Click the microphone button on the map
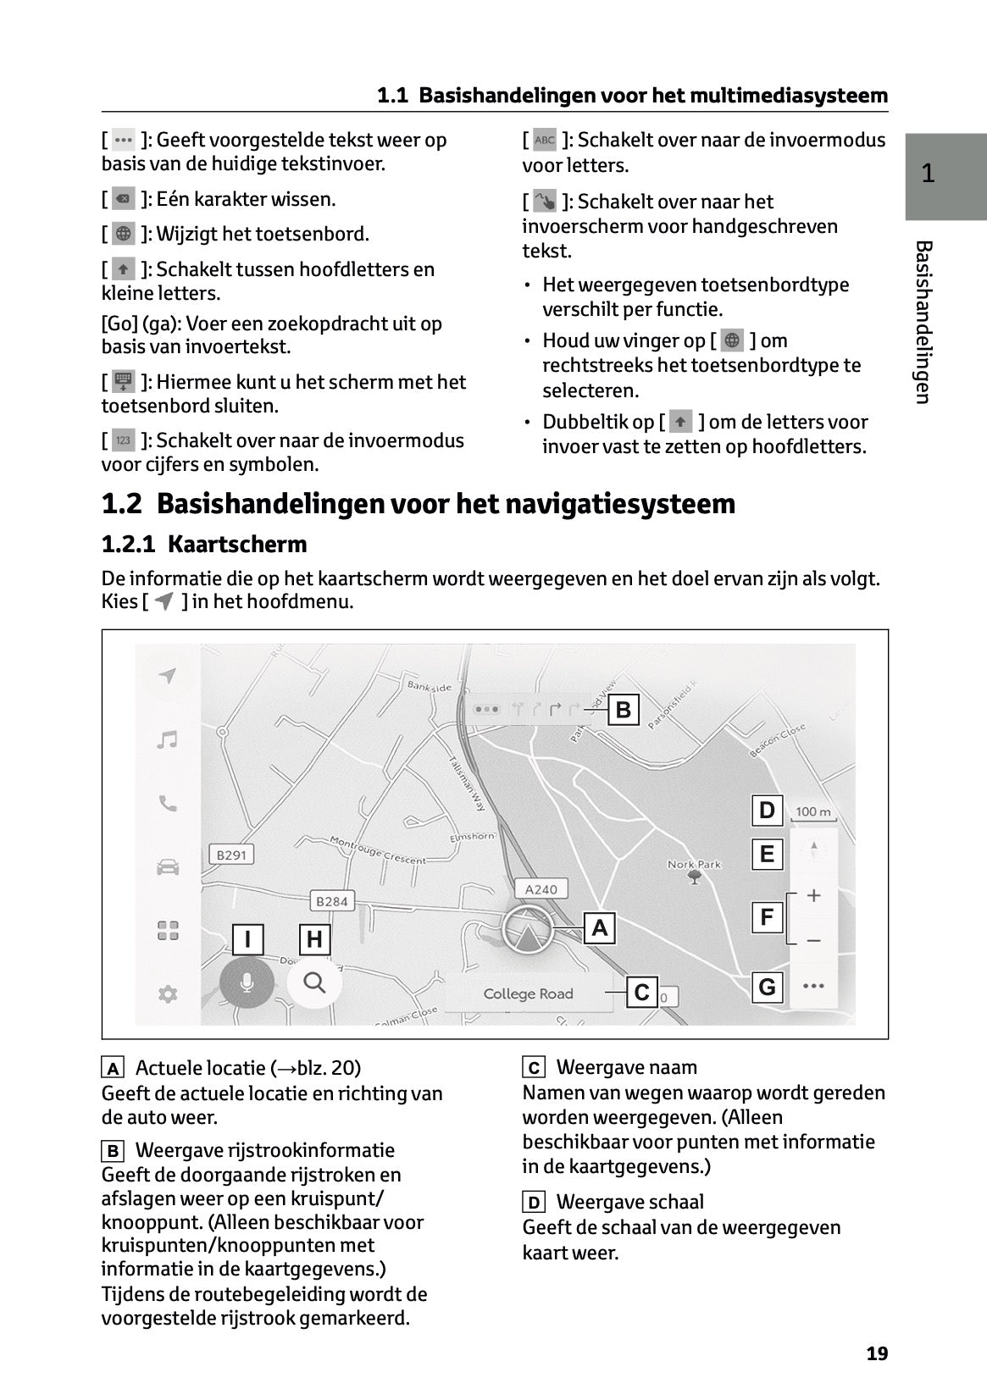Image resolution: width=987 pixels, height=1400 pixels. point(247,982)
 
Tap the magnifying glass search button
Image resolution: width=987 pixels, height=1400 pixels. point(314,982)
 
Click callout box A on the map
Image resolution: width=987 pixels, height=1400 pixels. point(600,928)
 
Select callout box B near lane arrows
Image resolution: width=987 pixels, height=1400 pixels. point(624,709)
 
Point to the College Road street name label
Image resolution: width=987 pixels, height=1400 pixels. point(528,994)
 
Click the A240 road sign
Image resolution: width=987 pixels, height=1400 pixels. point(541,889)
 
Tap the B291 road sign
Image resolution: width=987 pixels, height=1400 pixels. point(231,855)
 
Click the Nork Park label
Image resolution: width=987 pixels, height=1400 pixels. point(694,865)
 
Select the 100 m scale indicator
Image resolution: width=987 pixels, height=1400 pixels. point(813,812)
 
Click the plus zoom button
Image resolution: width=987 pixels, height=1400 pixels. point(813,895)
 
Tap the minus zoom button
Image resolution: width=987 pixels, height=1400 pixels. point(813,941)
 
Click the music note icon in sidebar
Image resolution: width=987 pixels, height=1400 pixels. point(168,740)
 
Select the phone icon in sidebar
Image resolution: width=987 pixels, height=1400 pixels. point(168,804)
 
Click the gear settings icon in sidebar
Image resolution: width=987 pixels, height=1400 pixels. point(168,994)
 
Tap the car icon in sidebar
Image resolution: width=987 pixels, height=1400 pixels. point(168,867)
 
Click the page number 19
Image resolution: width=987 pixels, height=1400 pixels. point(877,1353)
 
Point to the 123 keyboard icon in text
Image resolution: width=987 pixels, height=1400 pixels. point(124,440)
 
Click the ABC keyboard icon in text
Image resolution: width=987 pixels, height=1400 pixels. point(545,140)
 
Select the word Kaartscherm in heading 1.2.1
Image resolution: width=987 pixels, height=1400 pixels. point(237,544)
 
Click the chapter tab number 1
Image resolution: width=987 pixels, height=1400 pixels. point(928,174)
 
